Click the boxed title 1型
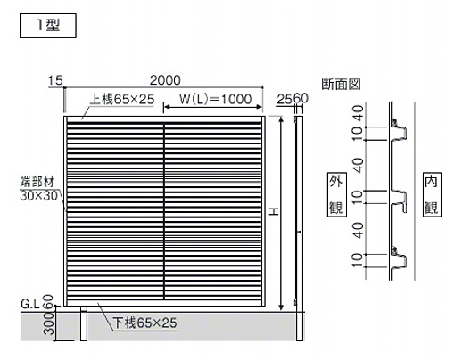[48, 26]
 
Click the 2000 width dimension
[165, 80]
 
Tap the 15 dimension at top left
[55, 80]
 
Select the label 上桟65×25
[122, 99]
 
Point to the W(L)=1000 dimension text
[215, 99]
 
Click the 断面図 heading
[341, 84]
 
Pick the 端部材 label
[37, 182]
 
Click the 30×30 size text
[38, 195]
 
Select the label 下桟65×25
[144, 323]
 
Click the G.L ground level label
[30, 304]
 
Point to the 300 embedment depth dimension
[49, 323]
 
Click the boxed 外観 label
[336, 194]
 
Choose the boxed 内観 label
[432, 194]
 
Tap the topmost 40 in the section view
[359, 113]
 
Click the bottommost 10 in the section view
[358, 260]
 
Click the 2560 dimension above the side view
[293, 99]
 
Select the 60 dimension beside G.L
[49, 301]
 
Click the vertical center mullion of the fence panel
[163, 211]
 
